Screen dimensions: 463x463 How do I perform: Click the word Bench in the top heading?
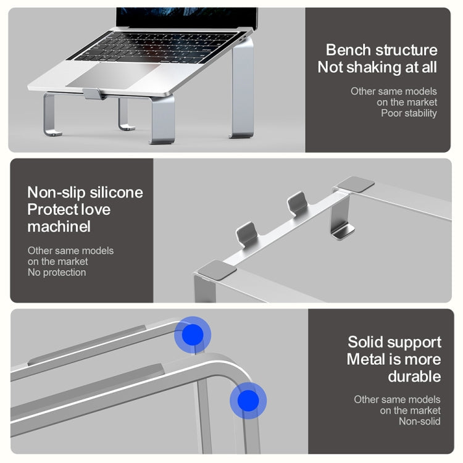click(348, 50)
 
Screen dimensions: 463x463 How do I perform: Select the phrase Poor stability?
click(409, 113)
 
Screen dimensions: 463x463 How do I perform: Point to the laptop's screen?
click(187, 18)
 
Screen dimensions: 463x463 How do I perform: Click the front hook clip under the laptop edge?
click(94, 94)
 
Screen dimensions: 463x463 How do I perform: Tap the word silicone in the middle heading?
click(116, 193)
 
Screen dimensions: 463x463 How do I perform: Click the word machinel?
click(59, 227)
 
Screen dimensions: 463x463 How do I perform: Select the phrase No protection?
click(57, 272)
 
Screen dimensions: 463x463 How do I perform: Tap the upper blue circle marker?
click(193, 335)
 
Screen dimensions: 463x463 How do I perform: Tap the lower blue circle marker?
click(248, 401)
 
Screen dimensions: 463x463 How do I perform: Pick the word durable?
click(414, 377)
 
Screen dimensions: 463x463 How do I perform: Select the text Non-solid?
click(420, 422)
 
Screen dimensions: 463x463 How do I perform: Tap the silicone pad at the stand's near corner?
click(217, 270)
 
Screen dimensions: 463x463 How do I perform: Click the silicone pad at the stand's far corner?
click(356, 185)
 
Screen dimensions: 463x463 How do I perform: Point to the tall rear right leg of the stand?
click(243, 87)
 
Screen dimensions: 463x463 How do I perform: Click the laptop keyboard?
click(157, 48)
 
